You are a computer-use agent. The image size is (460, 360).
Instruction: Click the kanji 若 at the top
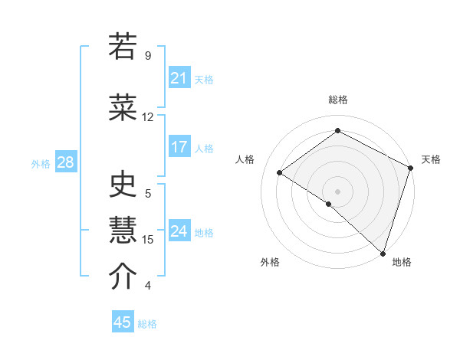pos(123,47)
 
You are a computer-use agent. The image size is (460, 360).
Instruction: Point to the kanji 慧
pos(123,231)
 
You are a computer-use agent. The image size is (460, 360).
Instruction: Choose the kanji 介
pos(123,277)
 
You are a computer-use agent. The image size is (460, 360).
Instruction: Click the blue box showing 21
pos(179,78)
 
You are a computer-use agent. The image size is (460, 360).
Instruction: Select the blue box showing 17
pos(179,147)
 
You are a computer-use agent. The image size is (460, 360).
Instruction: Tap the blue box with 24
pos(179,231)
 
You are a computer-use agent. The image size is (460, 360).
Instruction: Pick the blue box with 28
pos(65,162)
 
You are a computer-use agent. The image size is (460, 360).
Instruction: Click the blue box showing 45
pos(123,322)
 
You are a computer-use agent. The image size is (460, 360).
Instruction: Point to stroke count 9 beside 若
pos(147,56)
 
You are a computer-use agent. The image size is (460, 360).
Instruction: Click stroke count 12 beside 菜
pos(147,117)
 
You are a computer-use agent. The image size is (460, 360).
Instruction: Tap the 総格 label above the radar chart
pos(337,100)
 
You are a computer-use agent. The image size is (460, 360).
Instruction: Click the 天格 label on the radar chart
pos(431,159)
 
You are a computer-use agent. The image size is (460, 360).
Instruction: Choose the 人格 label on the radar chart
pos(245,159)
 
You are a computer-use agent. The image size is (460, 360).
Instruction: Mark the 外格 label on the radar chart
pos(270,262)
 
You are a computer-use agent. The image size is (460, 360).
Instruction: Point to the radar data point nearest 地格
pos(383,253)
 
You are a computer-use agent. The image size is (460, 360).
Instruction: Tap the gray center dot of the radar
pos(337,191)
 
